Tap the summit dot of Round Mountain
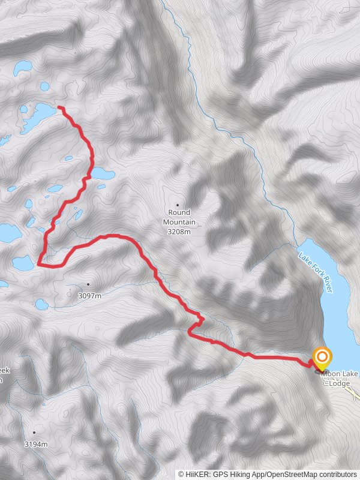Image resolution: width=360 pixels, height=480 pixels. [178, 205]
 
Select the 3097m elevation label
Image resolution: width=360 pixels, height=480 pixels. [89, 295]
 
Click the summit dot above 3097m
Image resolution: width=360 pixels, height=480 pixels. [88, 284]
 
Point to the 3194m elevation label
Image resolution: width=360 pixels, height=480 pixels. [35, 444]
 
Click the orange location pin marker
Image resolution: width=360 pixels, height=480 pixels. [322, 358]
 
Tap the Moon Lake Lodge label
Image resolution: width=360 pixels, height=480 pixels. [340, 379]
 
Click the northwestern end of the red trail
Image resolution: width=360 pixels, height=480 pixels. [59, 108]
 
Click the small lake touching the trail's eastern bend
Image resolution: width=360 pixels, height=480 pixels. [103, 174]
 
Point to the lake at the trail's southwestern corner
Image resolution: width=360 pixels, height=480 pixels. [23, 262]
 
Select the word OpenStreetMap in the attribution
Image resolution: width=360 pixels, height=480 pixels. [289, 474]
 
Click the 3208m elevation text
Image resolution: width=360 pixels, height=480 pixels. [179, 231]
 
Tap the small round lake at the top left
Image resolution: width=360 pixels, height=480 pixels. [23, 67]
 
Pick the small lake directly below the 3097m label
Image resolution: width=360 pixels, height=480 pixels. [41, 304]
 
